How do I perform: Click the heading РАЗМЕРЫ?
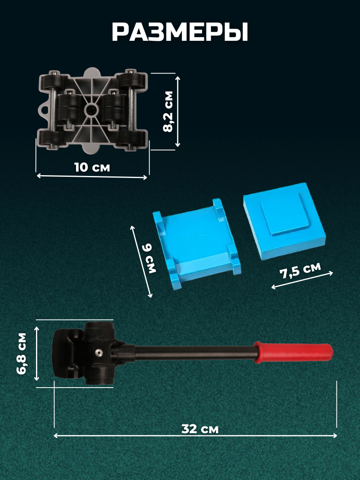180,32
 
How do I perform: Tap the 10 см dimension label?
92,167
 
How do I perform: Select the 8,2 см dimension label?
168,112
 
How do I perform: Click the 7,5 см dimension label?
300,270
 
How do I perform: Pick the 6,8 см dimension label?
22,354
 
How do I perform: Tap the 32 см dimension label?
200,429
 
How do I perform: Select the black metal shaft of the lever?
194,352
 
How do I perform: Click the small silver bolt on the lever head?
99,352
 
